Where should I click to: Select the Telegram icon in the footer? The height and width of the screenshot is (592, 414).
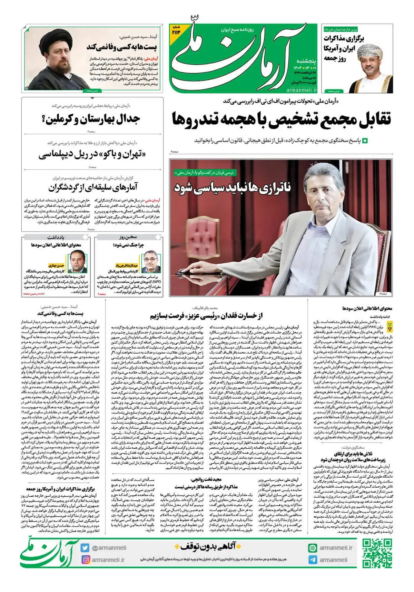coord(313,560)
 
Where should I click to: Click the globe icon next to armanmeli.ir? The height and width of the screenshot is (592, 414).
coord(313,548)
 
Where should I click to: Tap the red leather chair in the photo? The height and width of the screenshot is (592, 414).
coord(201,242)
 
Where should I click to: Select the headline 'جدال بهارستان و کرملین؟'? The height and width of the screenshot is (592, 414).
coord(92,120)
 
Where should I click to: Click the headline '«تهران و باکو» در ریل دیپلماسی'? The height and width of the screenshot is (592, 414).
coord(92,154)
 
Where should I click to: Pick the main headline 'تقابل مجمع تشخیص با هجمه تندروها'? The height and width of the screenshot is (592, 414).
coord(281,120)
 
